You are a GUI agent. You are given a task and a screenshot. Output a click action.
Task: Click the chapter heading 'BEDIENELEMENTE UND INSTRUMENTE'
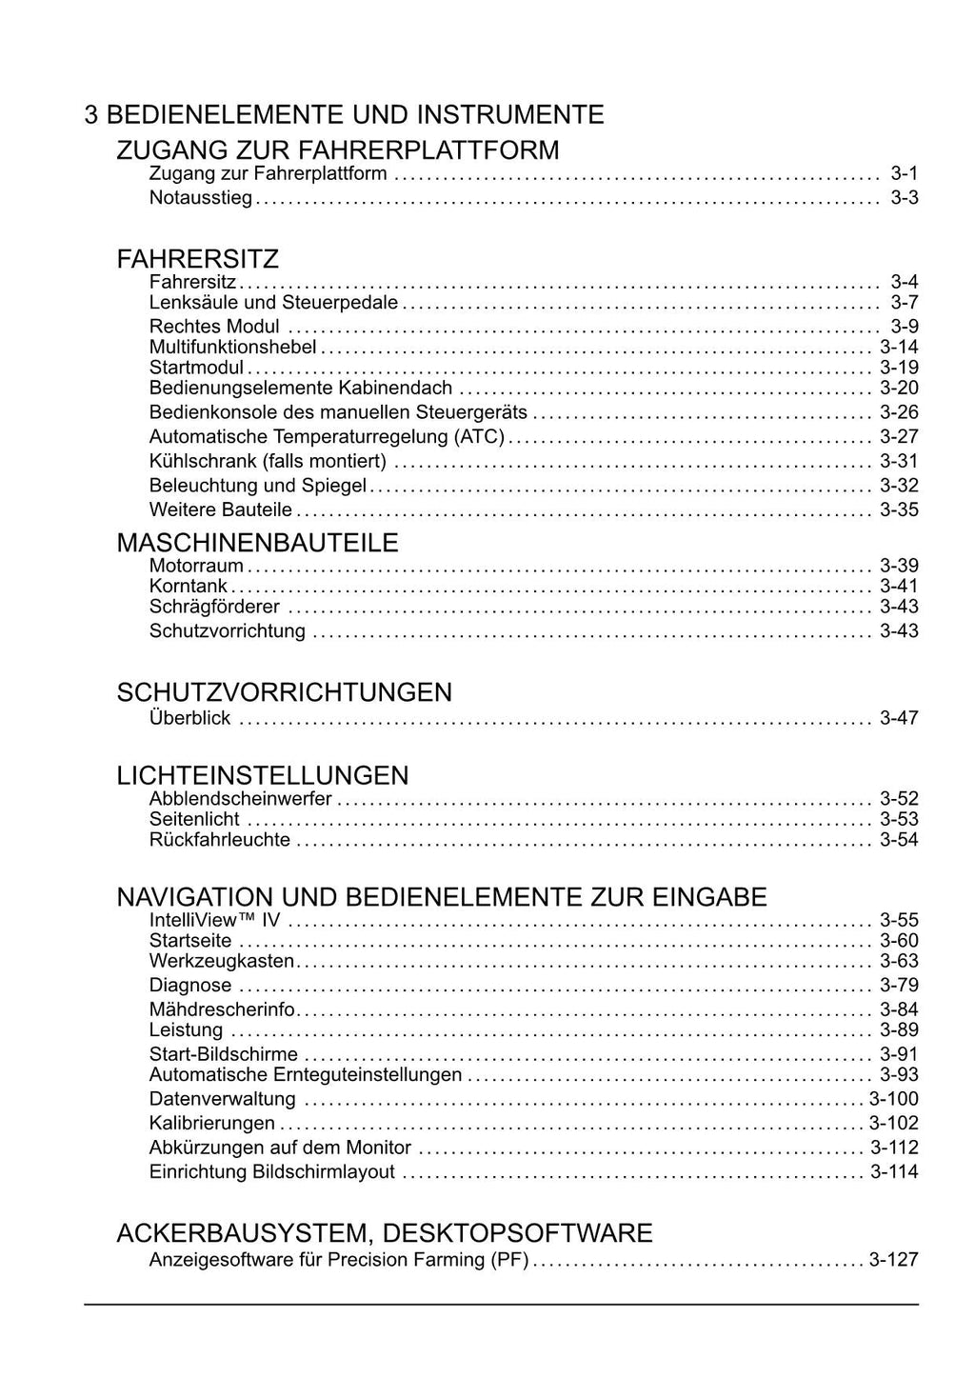point(354,115)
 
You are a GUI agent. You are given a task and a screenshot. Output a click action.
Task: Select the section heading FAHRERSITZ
point(197,259)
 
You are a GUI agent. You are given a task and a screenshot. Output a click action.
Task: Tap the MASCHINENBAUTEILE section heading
point(257,543)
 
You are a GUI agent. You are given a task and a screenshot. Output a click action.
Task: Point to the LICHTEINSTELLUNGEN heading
point(263,775)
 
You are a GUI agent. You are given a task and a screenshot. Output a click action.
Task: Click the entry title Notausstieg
point(200,198)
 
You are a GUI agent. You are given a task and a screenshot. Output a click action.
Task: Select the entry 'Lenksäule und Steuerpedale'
point(273,303)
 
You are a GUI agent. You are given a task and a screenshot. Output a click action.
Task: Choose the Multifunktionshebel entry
point(232,348)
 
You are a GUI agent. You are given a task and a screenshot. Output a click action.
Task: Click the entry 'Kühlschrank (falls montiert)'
point(268,462)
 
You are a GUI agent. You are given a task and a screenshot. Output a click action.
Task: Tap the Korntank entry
point(188,587)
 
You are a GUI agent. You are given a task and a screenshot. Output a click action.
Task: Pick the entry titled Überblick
point(189,718)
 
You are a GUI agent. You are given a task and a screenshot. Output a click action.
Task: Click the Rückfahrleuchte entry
point(219,840)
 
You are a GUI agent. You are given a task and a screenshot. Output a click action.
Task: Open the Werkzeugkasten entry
point(221,962)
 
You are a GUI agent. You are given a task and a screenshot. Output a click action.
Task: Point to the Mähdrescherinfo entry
point(222,1009)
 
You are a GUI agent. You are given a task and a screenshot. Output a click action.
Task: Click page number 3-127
point(893,1260)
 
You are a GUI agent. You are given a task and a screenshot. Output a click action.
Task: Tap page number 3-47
point(899,718)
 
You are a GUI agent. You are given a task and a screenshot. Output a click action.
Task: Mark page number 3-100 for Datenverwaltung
point(893,1100)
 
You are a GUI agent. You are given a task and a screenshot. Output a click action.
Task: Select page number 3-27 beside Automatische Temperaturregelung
point(899,437)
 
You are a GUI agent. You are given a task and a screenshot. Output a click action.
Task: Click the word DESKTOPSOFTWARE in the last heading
point(517,1233)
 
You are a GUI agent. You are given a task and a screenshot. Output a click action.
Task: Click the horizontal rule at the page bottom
point(501,1305)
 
